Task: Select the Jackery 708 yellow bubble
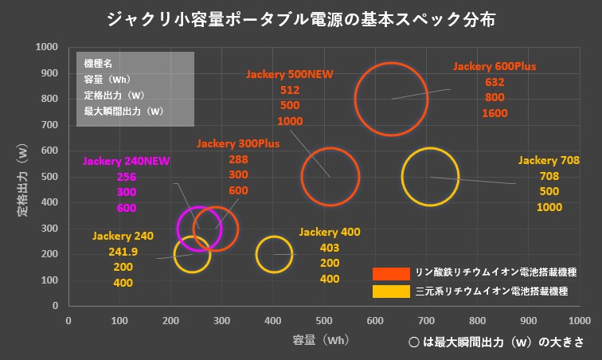click(x=431, y=177)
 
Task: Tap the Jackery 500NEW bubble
click(x=330, y=177)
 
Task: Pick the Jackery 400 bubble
click(x=275, y=255)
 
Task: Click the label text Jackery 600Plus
click(x=494, y=65)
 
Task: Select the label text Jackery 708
click(x=549, y=160)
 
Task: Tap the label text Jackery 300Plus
click(x=237, y=143)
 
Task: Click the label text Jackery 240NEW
click(x=126, y=160)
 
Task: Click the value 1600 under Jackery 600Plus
click(x=494, y=113)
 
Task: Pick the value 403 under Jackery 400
click(x=330, y=248)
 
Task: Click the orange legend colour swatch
click(x=387, y=272)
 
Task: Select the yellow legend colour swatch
click(x=387, y=292)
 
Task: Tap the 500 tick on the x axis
click(x=324, y=320)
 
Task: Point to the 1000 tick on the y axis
click(x=48, y=47)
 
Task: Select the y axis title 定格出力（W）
click(x=22, y=177)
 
